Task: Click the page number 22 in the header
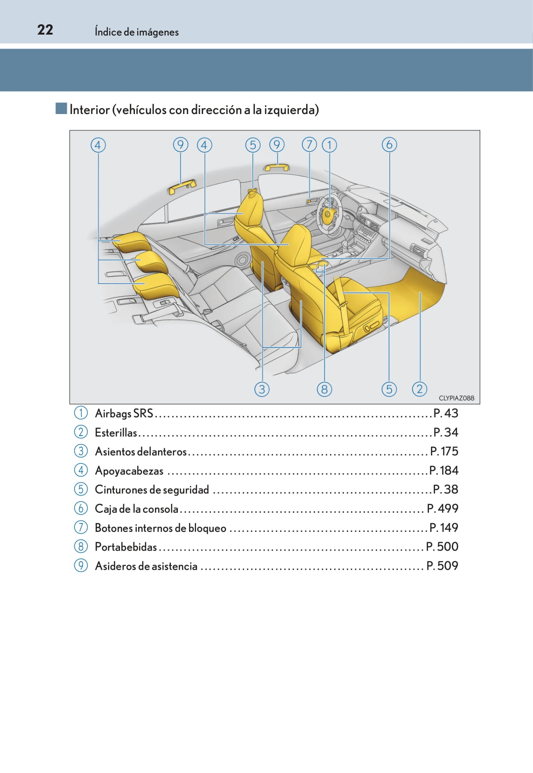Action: [45, 30]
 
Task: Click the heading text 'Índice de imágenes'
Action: [137, 32]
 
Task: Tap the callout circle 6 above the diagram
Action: [389, 144]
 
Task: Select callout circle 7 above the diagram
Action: [309, 144]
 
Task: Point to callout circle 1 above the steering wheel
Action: [330, 145]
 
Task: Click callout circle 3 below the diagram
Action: [262, 389]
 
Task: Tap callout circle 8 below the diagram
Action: [324, 389]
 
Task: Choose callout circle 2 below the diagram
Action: [419, 389]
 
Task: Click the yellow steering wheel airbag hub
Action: [328, 214]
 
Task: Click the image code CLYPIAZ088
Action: [456, 398]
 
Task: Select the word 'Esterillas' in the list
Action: [116, 432]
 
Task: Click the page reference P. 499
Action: [442, 508]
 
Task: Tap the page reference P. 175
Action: [444, 451]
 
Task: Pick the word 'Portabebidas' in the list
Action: [126, 547]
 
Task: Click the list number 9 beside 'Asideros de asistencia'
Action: [81, 565]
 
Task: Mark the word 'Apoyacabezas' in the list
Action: [129, 471]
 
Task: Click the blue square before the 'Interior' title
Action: [61, 108]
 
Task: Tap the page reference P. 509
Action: [442, 566]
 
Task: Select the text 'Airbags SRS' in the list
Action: [124, 414]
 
